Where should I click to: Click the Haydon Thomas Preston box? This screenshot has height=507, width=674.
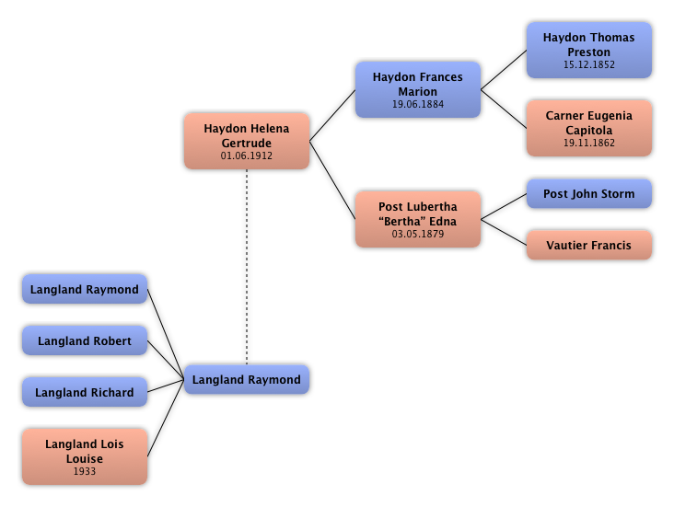click(588, 50)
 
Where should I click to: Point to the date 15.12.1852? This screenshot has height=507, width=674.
click(588, 65)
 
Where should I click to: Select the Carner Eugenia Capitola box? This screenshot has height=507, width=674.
click(588, 128)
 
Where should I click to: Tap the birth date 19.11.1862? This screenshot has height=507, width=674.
click(588, 144)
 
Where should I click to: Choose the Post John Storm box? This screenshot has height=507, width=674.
click(588, 194)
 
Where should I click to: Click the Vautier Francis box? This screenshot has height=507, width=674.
click(588, 246)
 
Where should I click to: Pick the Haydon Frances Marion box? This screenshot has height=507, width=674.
click(417, 89)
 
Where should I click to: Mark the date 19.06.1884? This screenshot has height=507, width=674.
click(417, 105)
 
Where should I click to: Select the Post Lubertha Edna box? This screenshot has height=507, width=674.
click(417, 219)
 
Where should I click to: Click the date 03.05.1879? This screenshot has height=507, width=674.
click(417, 235)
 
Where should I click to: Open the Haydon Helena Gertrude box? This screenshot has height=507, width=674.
click(246, 141)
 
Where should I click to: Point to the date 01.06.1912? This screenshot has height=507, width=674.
click(246, 156)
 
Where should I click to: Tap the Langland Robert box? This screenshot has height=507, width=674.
click(84, 341)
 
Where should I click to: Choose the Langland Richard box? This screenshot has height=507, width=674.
click(84, 393)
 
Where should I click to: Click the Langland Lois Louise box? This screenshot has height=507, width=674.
click(84, 456)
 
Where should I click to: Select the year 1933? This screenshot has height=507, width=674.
click(84, 472)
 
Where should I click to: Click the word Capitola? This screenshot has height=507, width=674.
click(588, 131)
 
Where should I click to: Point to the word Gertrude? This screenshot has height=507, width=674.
click(246, 144)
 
